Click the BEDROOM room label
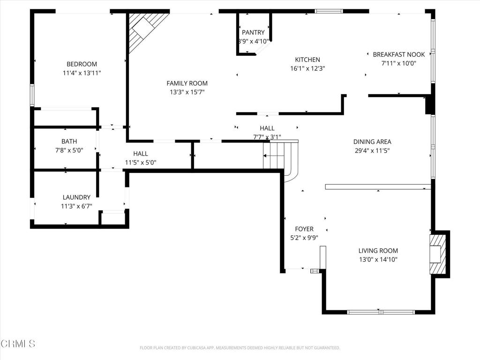click(82, 64)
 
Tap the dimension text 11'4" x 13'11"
click(82, 73)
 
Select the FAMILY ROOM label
click(187, 83)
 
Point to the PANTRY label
click(253, 32)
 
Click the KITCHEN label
click(307, 60)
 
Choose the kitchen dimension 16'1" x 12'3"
click(307, 68)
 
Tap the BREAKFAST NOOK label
click(398, 54)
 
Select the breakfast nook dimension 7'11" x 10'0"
click(398, 63)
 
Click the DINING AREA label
click(372, 142)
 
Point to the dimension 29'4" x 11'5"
click(372, 150)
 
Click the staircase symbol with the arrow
click(277, 156)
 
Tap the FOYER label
click(304, 229)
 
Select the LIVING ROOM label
click(378, 251)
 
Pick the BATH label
click(69, 141)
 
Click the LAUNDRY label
click(76, 197)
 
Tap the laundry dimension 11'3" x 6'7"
click(76, 206)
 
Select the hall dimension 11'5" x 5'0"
click(140, 163)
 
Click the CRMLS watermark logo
click(18, 344)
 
